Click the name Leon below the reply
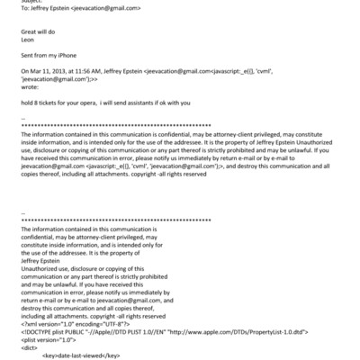pyautogui.click(x=27, y=40)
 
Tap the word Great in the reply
pyautogui.click(x=29, y=31)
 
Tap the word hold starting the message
pyautogui.click(x=26, y=102)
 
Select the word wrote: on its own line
pyautogui.click(x=29, y=87)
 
